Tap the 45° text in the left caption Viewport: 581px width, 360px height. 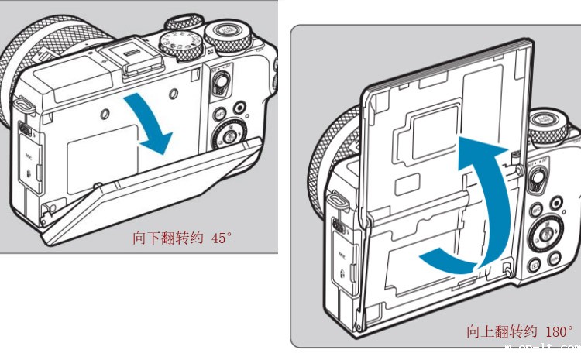[x=221, y=238]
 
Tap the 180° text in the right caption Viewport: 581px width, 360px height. [x=556, y=331]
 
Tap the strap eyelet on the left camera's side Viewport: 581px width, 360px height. [x=21, y=101]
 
